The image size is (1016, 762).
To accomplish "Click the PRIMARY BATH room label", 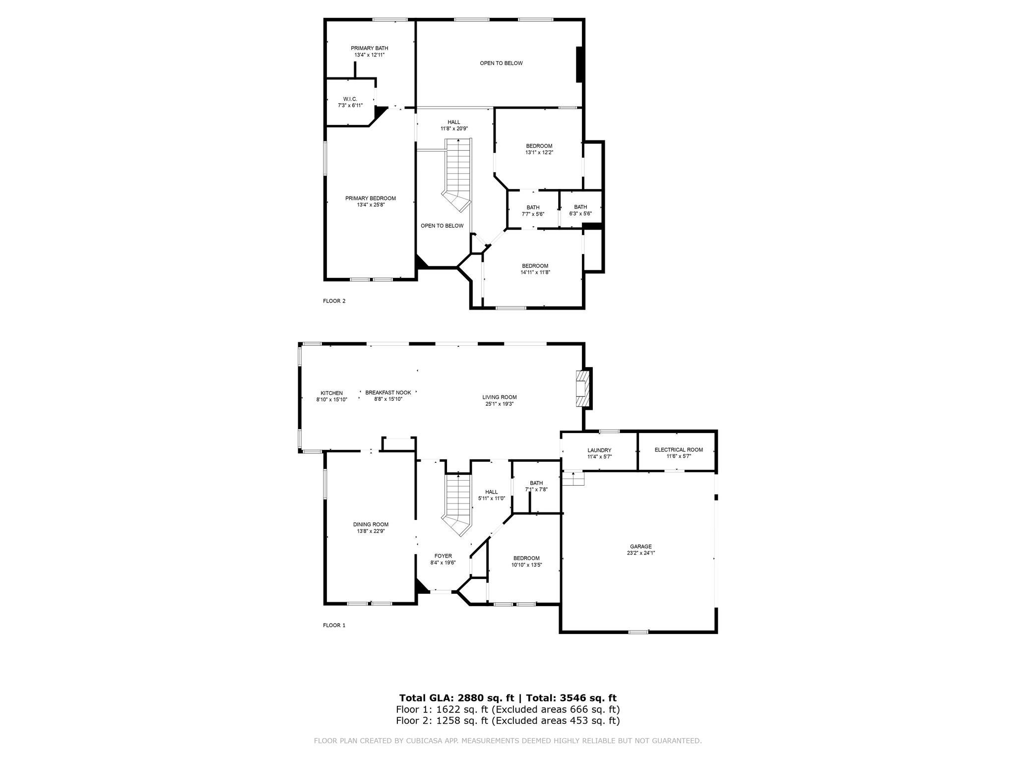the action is tap(370, 48).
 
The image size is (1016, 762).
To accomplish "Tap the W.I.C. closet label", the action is tap(350, 99).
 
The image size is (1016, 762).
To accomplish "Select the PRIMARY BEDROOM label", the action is tap(371, 198).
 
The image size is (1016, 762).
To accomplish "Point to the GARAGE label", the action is tap(641, 546).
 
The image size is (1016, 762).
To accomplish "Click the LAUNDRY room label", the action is tap(599, 450).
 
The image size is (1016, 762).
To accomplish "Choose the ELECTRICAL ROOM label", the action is tap(679, 450).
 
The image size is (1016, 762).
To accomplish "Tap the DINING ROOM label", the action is tap(371, 524).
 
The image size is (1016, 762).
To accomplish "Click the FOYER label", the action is tap(443, 556).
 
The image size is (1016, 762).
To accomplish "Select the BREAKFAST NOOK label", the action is tap(388, 392).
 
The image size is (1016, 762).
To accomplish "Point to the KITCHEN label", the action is tap(331, 393).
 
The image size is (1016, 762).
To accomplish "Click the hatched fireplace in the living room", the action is tap(581, 388).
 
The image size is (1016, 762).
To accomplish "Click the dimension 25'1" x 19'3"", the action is tap(499, 404).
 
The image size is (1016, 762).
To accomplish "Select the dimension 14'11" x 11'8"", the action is tap(535, 272).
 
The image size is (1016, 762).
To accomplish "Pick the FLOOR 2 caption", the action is tap(334, 301).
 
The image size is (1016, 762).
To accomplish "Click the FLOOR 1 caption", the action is tap(334, 625).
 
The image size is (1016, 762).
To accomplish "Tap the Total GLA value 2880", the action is tap(479, 698).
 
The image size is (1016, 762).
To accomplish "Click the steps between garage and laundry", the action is tap(573, 478).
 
